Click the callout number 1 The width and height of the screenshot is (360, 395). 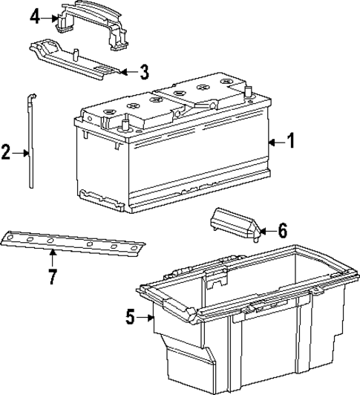(x=291, y=140)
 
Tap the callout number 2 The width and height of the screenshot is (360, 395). (x=6, y=153)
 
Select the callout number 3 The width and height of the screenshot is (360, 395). (x=144, y=72)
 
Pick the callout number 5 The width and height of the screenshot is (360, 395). (x=130, y=318)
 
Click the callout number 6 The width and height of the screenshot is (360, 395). (x=282, y=231)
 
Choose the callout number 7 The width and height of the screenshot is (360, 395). (x=52, y=279)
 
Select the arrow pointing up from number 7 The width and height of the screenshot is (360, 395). (x=52, y=259)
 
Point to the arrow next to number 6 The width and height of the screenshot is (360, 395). (x=265, y=231)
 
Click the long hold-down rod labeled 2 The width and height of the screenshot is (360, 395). (x=30, y=148)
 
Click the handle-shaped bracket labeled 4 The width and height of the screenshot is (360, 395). (x=89, y=22)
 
